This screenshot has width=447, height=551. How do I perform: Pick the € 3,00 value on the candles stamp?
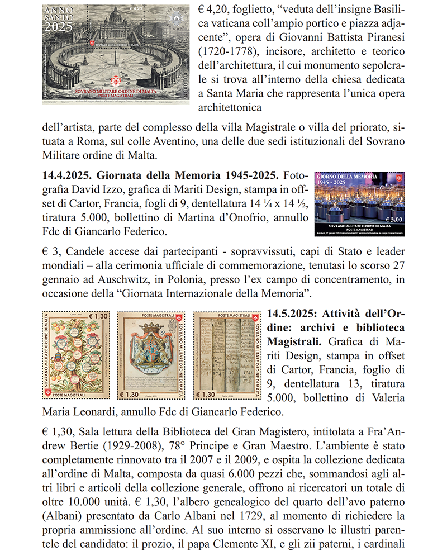[x=394, y=220]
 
